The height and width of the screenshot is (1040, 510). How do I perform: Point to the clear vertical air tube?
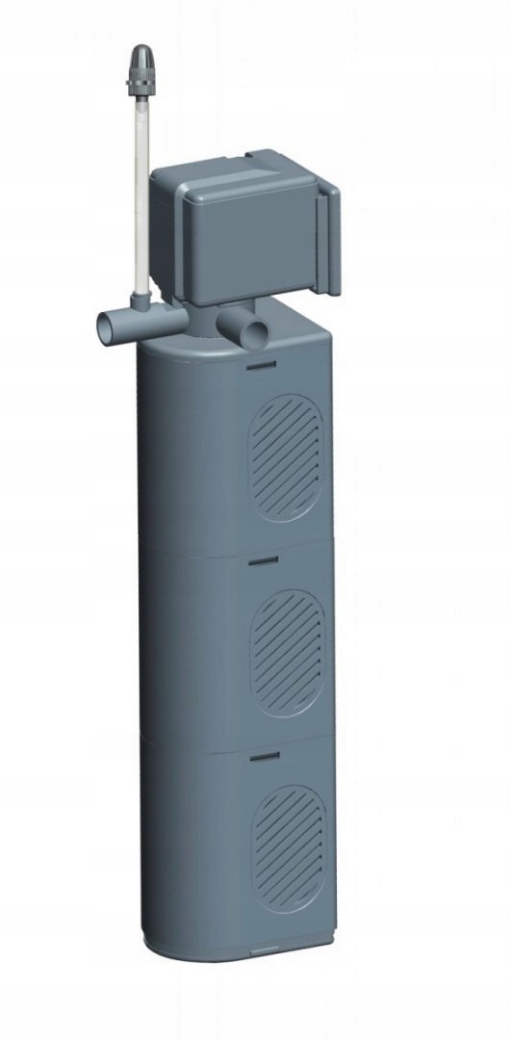pyautogui.click(x=140, y=193)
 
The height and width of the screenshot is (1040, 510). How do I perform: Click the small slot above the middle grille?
pyautogui.click(x=263, y=559)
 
